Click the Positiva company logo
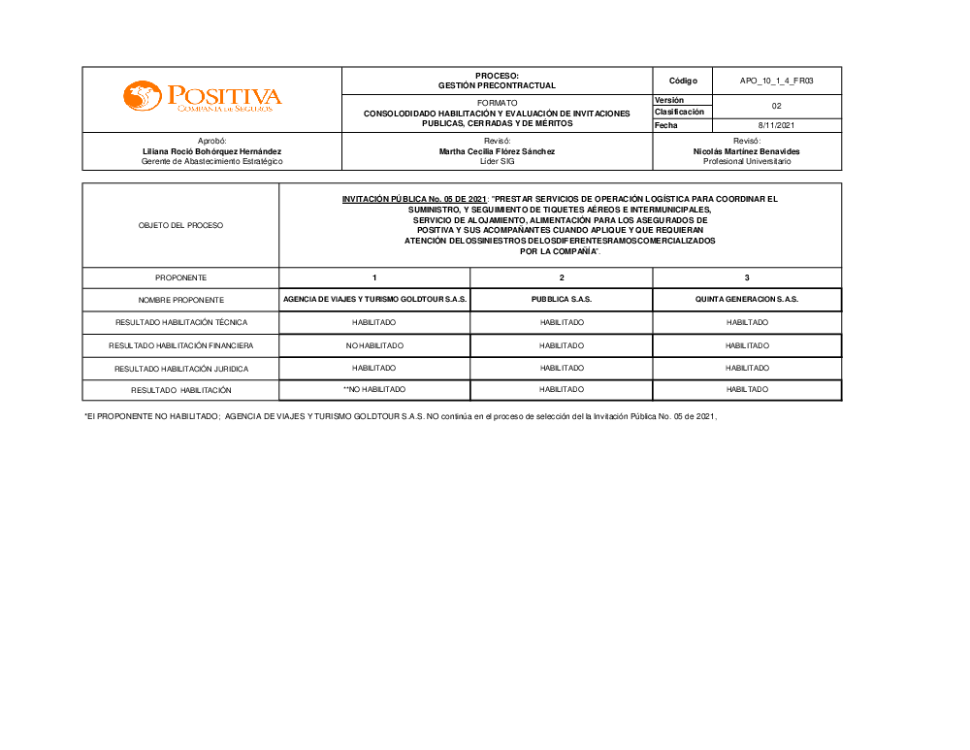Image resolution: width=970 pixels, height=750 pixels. click(x=202, y=96)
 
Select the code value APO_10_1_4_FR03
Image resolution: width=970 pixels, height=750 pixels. click(x=776, y=81)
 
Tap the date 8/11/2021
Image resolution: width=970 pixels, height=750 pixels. click(x=776, y=125)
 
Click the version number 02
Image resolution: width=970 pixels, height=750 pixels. click(x=776, y=106)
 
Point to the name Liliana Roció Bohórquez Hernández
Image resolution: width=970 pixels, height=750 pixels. click(x=212, y=151)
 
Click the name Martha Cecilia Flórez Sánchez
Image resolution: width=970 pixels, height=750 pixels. click(x=497, y=151)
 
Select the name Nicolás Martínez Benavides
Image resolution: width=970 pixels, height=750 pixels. click(x=747, y=151)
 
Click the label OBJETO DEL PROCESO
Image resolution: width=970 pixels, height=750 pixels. click(x=180, y=225)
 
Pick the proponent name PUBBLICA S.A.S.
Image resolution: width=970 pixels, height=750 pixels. click(x=562, y=300)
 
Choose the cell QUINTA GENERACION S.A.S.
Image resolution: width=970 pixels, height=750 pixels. click(x=747, y=300)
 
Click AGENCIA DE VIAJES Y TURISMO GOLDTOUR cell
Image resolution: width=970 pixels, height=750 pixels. click(x=374, y=300)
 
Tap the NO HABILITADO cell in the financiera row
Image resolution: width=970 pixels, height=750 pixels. click(x=374, y=345)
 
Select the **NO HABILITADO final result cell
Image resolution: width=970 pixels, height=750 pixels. click(x=374, y=389)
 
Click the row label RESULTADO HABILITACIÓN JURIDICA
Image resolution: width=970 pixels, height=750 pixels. click(x=180, y=369)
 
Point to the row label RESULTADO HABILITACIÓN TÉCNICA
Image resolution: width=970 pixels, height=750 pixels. click(x=180, y=322)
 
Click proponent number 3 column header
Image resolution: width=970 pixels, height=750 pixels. click(x=747, y=277)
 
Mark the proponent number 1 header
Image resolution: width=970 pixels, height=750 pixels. click(x=374, y=277)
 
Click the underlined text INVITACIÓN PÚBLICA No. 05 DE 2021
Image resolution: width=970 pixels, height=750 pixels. click(x=414, y=199)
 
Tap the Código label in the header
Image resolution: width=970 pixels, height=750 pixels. click(x=683, y=81)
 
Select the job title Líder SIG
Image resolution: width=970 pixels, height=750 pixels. click(x=497, y=161)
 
